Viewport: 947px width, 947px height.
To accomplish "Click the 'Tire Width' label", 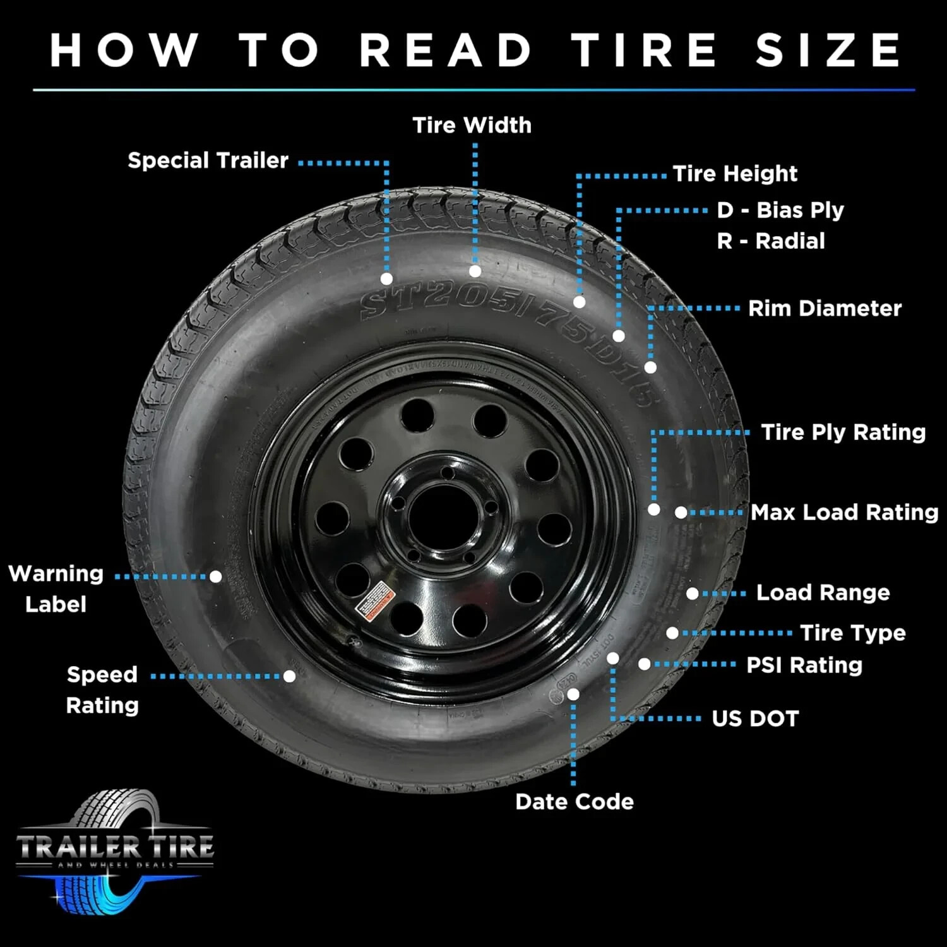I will click(x=472, y=125).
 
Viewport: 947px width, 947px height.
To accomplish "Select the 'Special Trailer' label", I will click(x=208, y=160).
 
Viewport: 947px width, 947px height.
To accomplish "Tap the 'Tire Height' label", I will click(x=735, y=174).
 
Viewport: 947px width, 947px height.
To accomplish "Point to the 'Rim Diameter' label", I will click(x=825, y=308).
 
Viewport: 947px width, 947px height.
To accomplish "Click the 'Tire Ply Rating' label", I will click(x=843, y=432).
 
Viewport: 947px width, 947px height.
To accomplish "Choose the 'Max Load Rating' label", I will click(x=844, y=512).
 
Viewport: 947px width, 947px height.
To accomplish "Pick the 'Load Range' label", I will click(x=823, y=592).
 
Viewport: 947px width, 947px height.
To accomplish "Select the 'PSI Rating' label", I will click(x=804, y=665).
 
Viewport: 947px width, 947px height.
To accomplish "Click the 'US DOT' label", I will click(x=755, y=718).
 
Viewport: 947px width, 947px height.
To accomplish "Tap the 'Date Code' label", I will click(x=574, y=802).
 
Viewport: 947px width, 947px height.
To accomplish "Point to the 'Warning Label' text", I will click(x=56, y=588).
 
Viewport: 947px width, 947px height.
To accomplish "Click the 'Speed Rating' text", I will click(x=102, y=689).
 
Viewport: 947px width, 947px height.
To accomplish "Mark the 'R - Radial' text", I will click(x=770, y=241).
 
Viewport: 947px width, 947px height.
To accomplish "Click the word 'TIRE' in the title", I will click(x=644, y=51).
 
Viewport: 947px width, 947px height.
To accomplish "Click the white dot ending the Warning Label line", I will click(x=215, y=576).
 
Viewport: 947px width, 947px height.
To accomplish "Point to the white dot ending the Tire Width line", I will click(x=475, y=271).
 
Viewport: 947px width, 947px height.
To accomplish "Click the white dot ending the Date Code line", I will click(x=573, y=694).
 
